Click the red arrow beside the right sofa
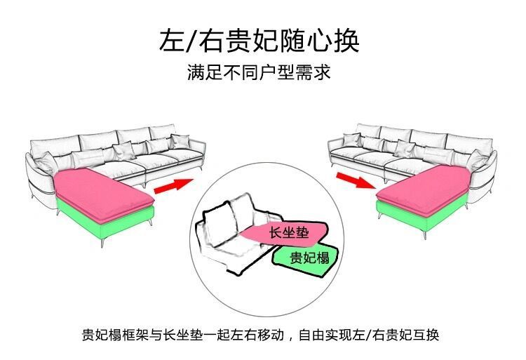point(353,181)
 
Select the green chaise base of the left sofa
point(105,221)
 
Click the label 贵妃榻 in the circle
point(309,258)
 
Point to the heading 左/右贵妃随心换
point(259,41)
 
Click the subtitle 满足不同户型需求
point(259,72)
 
